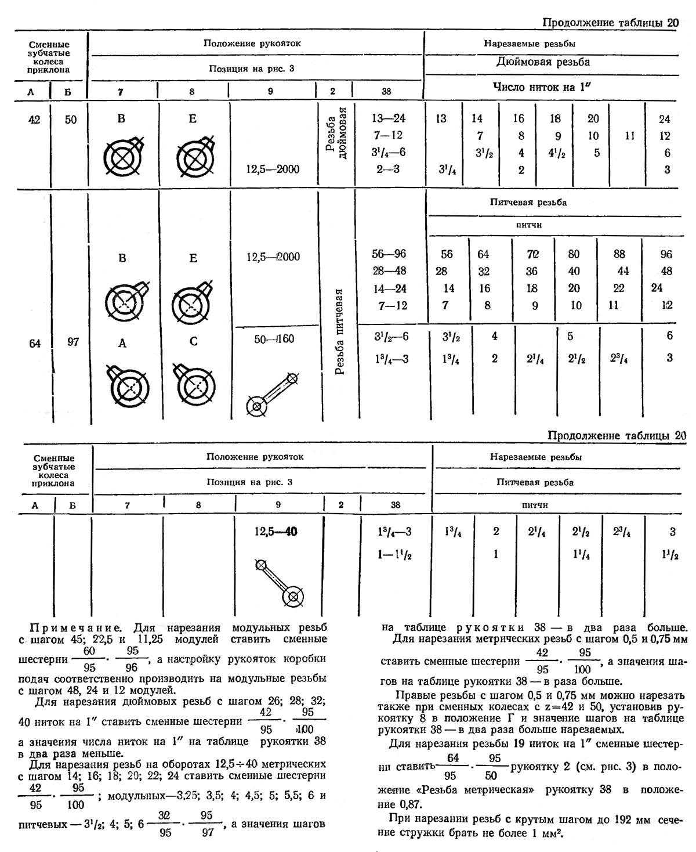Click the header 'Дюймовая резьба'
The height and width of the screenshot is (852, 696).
click(x=543, y=62)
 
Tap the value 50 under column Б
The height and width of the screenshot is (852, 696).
click(x=70, y=120)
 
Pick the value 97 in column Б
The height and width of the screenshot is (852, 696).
click(x=72, y=342)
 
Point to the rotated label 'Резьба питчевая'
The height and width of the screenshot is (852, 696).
click(x=340, y=331)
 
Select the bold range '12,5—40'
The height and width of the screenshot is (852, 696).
click(x=275, y=531)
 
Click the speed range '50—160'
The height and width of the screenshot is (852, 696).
click(x=274, y=339)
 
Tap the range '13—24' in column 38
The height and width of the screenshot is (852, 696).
click(x=388, y=118)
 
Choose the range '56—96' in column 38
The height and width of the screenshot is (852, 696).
click(x=389, y=254)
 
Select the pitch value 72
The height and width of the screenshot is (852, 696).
click(x=533, y=254)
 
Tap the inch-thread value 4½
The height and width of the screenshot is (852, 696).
click(x=555, y=153)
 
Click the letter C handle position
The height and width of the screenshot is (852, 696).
click(x=194, y=341)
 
